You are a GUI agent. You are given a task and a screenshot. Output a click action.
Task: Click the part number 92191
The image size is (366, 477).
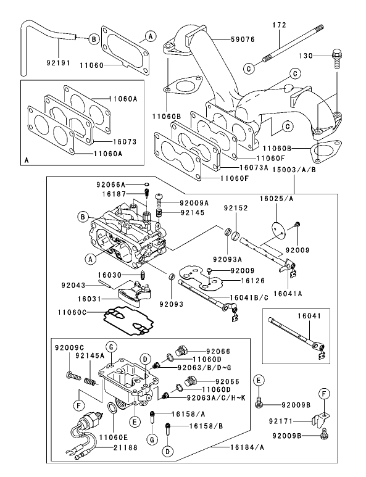[x=59, y=63]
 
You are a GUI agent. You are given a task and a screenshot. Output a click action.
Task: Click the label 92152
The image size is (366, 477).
[x=237, y=208]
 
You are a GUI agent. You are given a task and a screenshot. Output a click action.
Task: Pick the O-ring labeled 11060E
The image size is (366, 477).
[x=112, y=409]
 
